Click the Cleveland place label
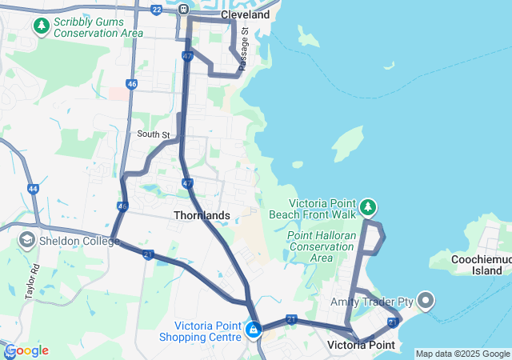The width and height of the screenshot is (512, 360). pos(246,14)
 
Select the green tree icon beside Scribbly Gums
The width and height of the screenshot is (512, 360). pos(41,26)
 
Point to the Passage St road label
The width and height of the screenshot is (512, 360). pos(245,49)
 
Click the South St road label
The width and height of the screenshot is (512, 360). pos(153,134)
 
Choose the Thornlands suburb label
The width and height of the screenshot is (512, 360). pos(202,216)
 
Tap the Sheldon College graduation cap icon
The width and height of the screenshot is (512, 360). pos(26,240)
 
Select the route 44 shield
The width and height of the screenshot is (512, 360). pos(33,189)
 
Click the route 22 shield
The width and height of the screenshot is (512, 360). pos(156,10)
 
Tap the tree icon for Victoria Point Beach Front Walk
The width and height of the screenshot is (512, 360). pos(367,208)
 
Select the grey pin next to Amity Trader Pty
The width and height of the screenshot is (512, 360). pos(426,301)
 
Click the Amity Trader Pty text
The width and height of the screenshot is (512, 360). pos(372,302)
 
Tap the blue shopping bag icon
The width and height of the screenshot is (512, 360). pos(253,329)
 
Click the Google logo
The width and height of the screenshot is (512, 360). pos(26,350)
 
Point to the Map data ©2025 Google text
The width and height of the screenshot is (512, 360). pos(462,354)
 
